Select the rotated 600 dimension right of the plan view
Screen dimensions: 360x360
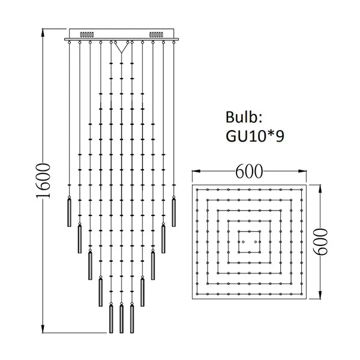point(323,241)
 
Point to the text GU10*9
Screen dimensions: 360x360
point(255,136)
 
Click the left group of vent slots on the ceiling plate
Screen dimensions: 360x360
point(87,34)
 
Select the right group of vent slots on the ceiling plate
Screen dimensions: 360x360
point(157,34)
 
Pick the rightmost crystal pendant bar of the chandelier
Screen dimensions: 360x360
point(174,211)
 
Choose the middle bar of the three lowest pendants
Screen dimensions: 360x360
point(121,319)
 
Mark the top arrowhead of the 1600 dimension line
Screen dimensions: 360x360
point(42,30)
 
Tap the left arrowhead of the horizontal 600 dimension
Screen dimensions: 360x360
point(193,172)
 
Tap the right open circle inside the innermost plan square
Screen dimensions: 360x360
point(255,241)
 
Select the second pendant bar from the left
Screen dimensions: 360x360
point(79,239)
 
